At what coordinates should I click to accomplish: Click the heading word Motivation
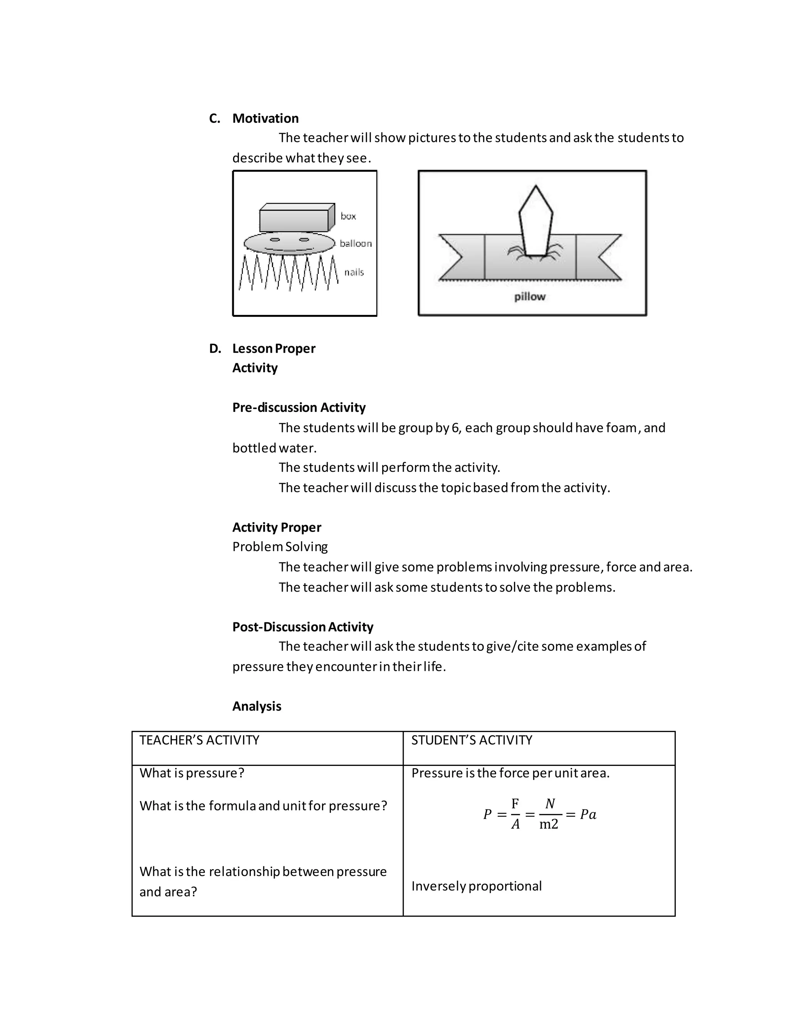point(265,118)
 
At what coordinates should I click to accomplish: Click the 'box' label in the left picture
point(348,216)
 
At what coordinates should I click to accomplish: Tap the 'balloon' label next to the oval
point(356,243)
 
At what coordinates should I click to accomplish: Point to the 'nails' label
point(354,272)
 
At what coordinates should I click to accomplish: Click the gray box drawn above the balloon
point(294,220)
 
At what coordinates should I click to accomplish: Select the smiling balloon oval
point(289,243)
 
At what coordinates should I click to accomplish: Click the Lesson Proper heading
point(274,348)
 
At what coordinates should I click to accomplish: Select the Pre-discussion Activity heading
point(299,407)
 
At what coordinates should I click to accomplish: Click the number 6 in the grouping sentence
point(455,428)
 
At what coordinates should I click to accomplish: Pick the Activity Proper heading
point(277,527)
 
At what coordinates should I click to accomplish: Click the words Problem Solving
point(280,547)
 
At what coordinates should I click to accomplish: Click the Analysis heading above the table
point(257,706)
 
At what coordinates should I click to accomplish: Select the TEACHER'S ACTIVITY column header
point(199,740)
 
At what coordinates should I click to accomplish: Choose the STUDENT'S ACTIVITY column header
point(472,740)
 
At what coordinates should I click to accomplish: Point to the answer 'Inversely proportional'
point(476,886)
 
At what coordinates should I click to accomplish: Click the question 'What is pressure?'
point(191,773)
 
